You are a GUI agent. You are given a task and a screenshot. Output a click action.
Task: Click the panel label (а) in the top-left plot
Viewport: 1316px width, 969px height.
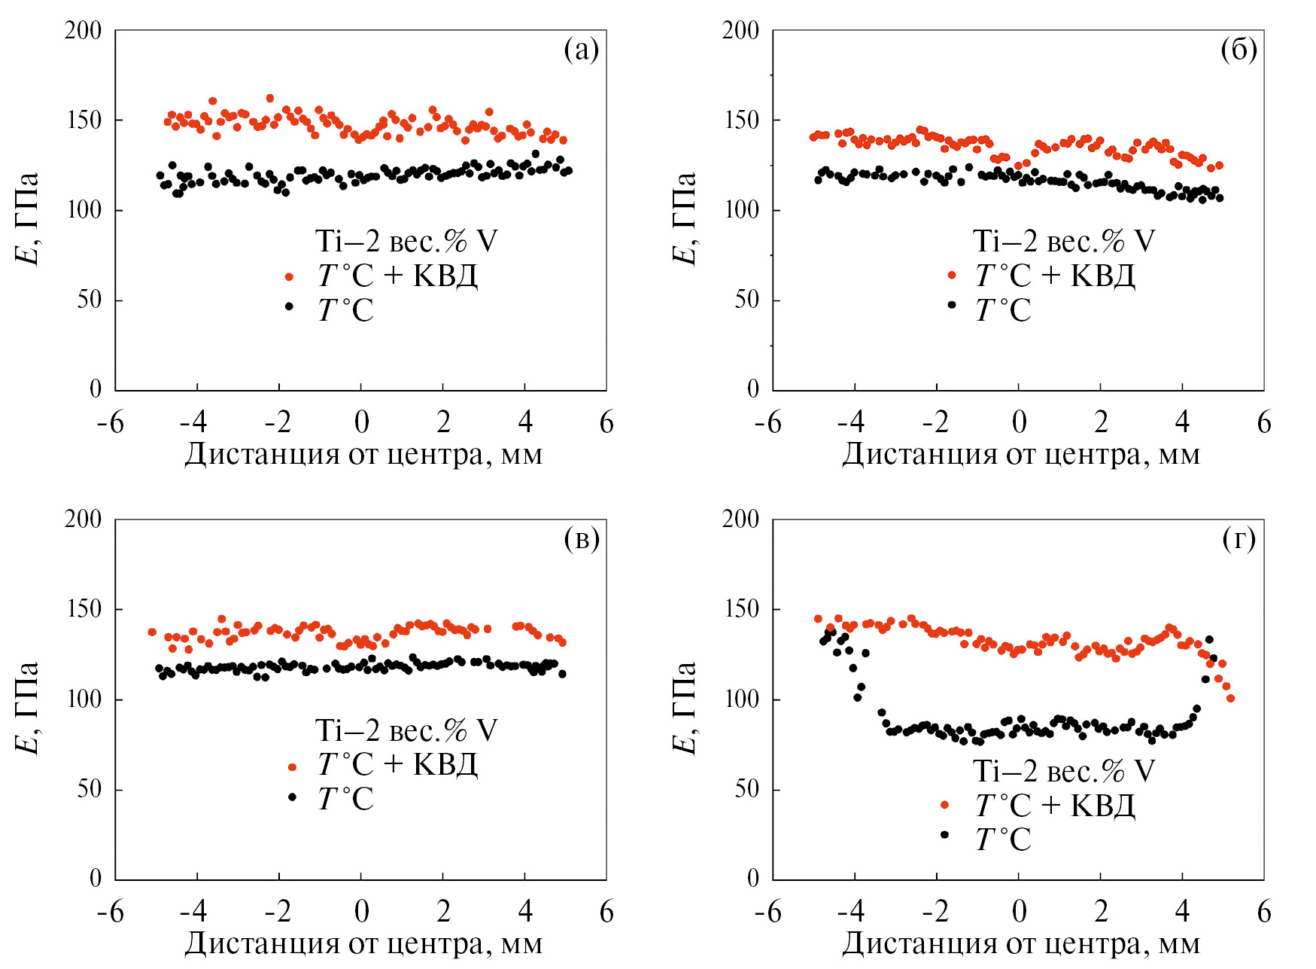tap(581, 50)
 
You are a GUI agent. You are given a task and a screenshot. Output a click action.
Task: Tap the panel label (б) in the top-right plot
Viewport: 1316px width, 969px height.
tap(1238, 50)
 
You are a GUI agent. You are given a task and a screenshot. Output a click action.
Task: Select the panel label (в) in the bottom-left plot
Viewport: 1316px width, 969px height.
tap(581, 539)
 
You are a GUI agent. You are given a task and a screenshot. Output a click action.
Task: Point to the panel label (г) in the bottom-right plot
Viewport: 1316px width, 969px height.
tap(1238, 539)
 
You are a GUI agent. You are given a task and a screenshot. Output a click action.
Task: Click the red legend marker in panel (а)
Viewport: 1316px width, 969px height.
tap(289, 277)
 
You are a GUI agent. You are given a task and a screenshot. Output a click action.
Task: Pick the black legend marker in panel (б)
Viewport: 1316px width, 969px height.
tap(952, 305)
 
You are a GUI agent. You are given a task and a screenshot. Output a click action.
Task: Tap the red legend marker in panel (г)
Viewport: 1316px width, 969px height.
tap(944, 805)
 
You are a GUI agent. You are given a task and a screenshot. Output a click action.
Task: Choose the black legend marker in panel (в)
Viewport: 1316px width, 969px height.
tap(292, 797)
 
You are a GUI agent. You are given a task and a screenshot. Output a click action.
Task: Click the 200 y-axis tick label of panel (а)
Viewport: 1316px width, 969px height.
tap(83, 31)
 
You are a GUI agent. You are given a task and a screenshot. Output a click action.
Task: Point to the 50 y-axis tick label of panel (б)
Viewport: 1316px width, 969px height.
tap(746, 300)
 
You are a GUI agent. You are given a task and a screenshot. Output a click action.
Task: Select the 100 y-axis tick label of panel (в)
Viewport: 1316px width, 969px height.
tap(83, 699)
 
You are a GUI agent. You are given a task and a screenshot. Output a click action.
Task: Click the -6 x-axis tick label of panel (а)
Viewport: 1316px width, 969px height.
tap(110, 423)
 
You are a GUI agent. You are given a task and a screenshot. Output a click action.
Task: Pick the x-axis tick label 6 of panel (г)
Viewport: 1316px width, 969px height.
tap(1264, 912)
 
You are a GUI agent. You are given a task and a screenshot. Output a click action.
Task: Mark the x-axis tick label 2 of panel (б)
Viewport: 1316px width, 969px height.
tap(1101, 423)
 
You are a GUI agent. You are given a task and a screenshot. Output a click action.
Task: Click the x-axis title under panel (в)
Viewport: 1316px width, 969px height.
tap(363, 943)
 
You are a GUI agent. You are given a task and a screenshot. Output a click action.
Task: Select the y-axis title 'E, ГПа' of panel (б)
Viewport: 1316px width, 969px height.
tap(684, 218)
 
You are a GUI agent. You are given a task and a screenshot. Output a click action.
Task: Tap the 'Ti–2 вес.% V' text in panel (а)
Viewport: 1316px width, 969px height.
tap(406, 242)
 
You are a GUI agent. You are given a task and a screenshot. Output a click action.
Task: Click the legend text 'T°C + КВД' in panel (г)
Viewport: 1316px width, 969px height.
tap(1055, 806)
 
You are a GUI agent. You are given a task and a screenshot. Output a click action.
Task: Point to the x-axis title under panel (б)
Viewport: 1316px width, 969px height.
tap(1021, 455)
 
